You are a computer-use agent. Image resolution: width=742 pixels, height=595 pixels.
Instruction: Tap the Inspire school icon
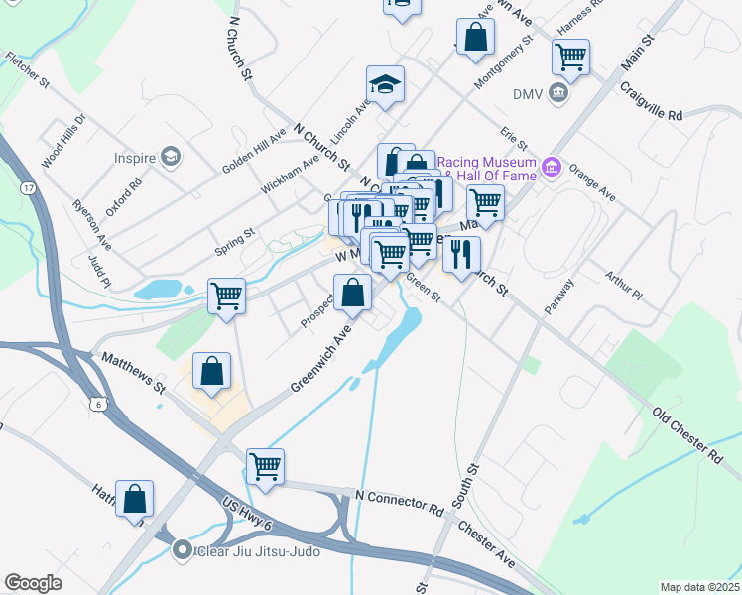click(x=172, y=157)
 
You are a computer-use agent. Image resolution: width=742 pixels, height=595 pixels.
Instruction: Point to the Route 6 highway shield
click(x=96, y=403)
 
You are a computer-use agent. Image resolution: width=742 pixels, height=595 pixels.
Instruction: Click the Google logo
click(x=33, y=583)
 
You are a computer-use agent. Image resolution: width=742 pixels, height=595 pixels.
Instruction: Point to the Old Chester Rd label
click(x=686, y=433)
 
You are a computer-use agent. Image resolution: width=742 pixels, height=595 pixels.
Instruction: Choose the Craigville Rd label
click(x=652, y=100)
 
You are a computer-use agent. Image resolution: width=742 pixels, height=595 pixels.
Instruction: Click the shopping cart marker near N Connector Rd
click(x=266, y=466)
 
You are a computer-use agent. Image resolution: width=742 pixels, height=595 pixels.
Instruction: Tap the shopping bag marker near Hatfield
click(x=134, y=499)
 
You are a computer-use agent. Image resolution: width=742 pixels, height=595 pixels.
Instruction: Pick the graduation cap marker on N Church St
click(x=385, y=84)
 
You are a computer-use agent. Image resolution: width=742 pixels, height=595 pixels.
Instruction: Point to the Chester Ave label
click(x=486, y=543)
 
